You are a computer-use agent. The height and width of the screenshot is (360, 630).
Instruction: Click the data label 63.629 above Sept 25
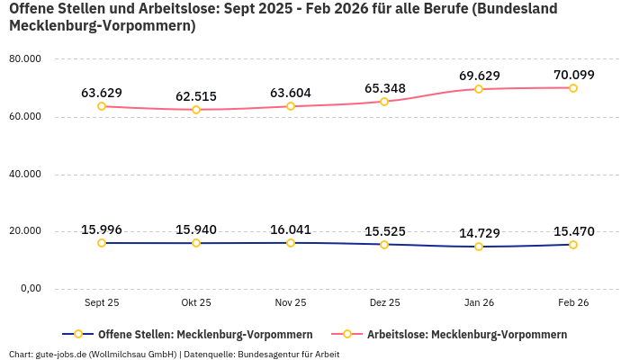coord(102,93)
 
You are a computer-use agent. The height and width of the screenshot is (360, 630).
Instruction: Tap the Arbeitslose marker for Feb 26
coord(572,88)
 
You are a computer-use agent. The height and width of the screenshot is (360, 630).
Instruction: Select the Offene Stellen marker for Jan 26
coord(479,247)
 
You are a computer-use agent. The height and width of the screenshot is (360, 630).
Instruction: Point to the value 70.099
coord(573,75)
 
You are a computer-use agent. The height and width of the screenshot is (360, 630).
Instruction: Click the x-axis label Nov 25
coord(291,303)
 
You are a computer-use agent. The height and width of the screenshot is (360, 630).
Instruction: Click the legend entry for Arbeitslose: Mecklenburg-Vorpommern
coord(466,334)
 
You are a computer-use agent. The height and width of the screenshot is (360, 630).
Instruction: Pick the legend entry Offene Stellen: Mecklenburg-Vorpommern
coord(205,334)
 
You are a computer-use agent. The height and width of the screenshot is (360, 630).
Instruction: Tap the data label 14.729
coord(479,233)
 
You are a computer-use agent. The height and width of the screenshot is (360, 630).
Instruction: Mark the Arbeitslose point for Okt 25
coord(196,110)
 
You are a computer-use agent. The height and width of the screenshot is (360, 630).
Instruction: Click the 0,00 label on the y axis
coord(31,289)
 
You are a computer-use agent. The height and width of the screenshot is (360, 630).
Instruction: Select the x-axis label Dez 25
coord(384,303)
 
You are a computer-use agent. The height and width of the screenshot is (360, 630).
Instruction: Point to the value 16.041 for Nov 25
coord(291,229)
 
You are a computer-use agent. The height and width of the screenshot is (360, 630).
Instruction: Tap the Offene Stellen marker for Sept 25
coord(102,243)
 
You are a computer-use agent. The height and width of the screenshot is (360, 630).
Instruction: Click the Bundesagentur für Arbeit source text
coord(291,354)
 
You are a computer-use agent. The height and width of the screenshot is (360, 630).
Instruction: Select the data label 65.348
coord(384,88)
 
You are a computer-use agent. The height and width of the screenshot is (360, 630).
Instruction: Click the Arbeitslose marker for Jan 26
coord(479,89)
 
